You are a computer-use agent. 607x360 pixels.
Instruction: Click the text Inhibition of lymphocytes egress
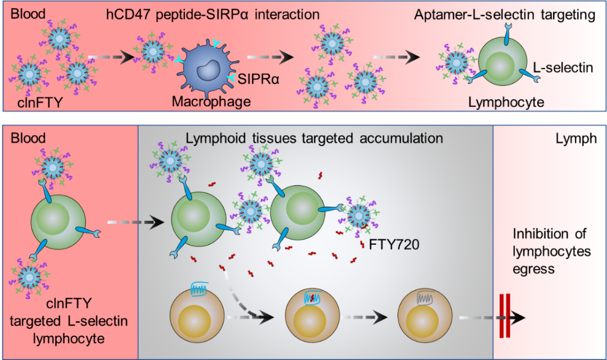pos(551,252)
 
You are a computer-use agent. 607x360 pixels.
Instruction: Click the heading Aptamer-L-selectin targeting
pos(504,15)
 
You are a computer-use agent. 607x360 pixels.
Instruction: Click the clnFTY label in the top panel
pos(33,102)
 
